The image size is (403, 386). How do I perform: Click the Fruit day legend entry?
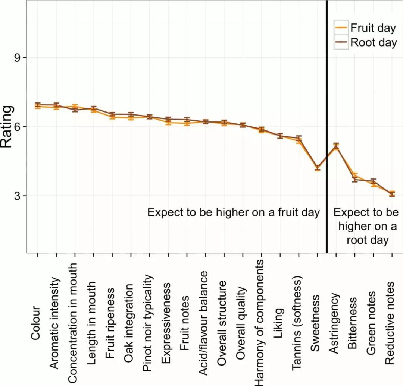click(368, 28)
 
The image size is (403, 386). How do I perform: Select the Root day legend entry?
click(368, 42)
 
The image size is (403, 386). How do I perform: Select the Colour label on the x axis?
click(35, 323)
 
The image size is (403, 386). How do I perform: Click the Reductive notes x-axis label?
click(390, 323)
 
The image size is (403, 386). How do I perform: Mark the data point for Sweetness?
click(318, 168)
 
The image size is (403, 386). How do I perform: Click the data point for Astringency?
click(336, 146)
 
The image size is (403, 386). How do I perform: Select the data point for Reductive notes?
click(392, 194)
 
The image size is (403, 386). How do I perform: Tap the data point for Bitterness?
click(355, 178)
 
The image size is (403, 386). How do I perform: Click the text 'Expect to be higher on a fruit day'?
click(234, 212)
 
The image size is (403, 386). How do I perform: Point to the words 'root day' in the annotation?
click(368, 240)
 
